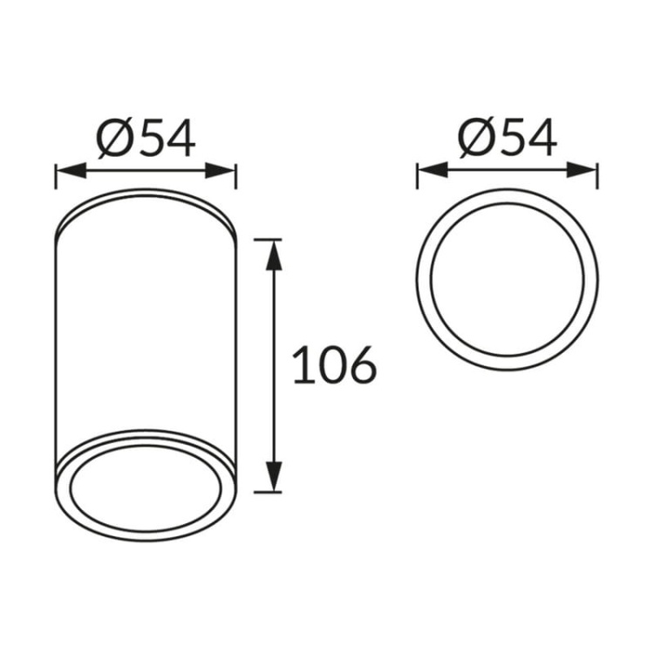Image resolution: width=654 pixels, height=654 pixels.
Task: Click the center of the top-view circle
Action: tap(508, 279)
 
